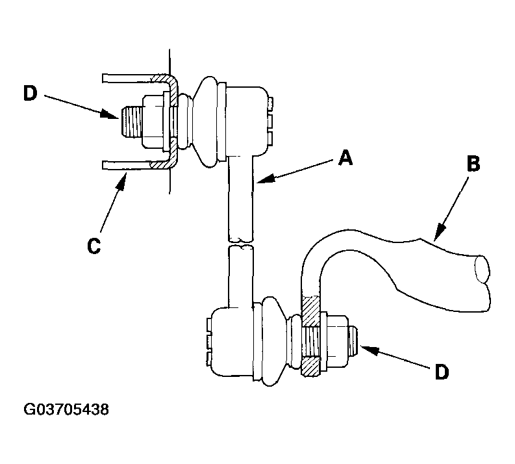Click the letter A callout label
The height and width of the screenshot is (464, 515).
(x=345, y=158)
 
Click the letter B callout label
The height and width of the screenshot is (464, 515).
(x=473, y=163)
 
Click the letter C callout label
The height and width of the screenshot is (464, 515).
(x=94, y=246)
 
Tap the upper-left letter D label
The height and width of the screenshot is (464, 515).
(x=31, y=94)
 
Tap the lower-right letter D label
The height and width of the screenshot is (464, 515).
(x=442, y=372)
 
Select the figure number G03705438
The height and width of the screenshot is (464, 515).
(x=66, y=409)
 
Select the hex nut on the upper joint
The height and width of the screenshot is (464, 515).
(x=153, y=122)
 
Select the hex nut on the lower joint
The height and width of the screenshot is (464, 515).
(x=337, y=341)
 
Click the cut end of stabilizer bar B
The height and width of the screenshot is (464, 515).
(x=483, y=269)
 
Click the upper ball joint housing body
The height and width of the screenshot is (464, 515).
(x=246, y=121)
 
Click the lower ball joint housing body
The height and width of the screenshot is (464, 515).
(x=232, y=342)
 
